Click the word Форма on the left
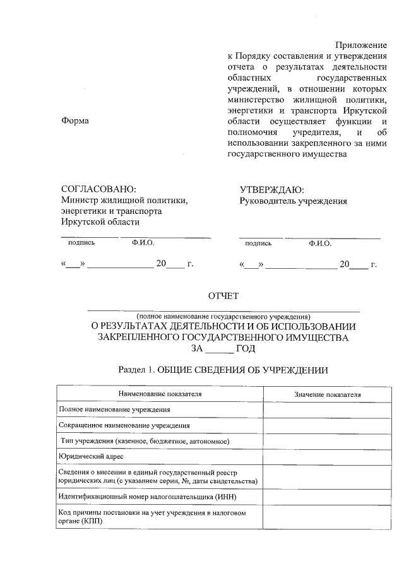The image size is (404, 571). (x=74, y=121)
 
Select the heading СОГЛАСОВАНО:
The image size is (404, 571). (x=98, y=189)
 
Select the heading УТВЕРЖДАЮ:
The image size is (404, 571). (x=272, y=189)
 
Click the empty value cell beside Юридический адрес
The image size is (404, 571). (x=328, y=456)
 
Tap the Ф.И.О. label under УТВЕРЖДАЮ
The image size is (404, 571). (x=320, y=243)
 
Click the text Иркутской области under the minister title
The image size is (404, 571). (x=100, y=221)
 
